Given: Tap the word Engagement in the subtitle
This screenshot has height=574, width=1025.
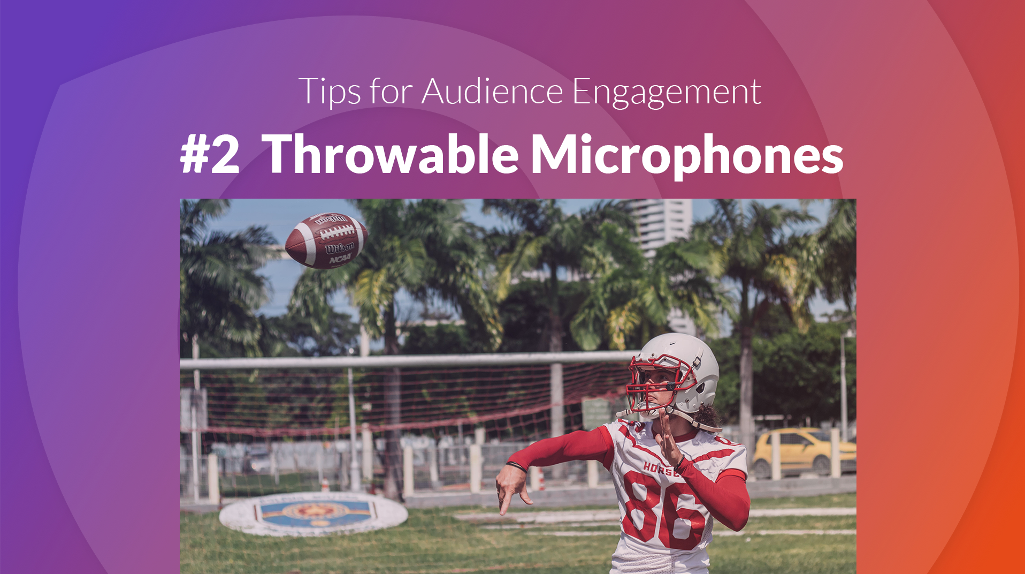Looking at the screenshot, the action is [667, 92].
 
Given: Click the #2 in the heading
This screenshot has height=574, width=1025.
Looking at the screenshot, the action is [210, 154].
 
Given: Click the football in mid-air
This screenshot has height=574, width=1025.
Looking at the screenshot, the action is [326, 240].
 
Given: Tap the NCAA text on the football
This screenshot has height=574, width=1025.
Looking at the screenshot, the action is [340, 260].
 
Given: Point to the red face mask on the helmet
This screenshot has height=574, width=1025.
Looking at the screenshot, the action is [654, 381].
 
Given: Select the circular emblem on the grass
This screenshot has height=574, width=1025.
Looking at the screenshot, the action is [313, 513].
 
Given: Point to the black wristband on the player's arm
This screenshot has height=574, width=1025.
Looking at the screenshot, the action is [516, 466].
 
